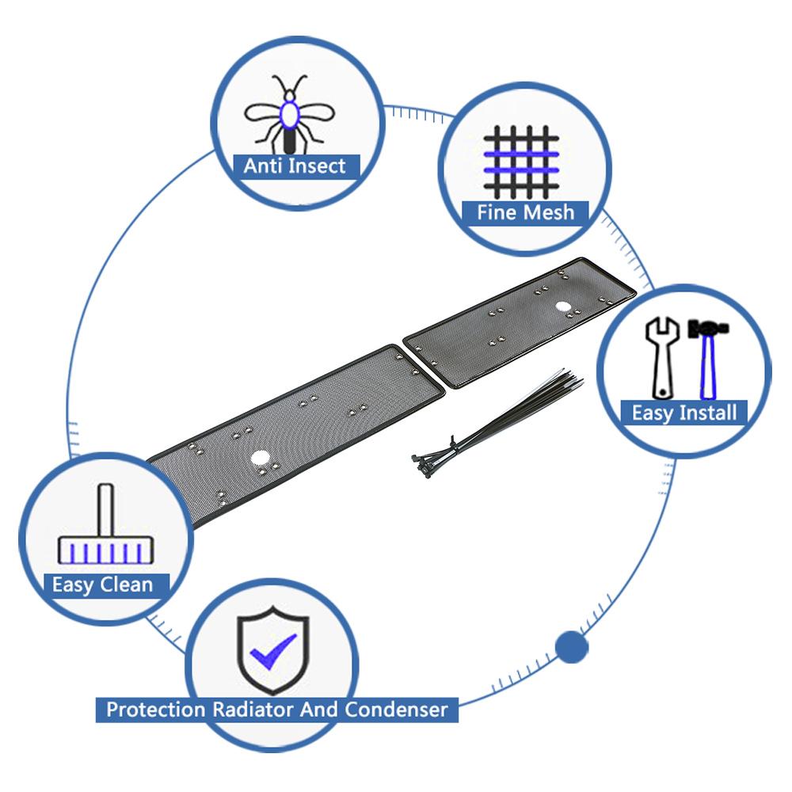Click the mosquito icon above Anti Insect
[x=289, y=114]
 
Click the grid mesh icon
[x=521, y=162]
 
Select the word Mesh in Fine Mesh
[x=548, y=212]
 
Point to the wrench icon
[x=662, y=358]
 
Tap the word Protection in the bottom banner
[x=155, y=710]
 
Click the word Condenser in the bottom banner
[x=396, y=710]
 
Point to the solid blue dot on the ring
[x=572, y=646]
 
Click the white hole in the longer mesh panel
[x=260, y=458]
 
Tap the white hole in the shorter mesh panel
[x=562, y=307]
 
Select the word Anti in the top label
[x=263, y=166]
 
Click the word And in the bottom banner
[x=318, y=710]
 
